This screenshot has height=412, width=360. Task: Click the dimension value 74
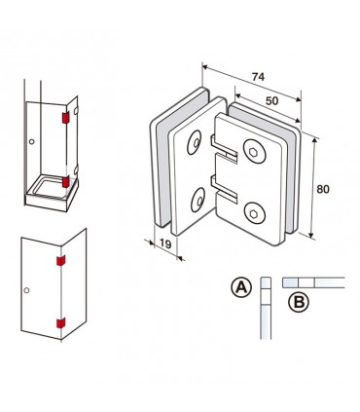[258, 77]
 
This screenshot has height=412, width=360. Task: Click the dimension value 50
[271, 101]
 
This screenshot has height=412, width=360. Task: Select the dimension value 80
[323, 189]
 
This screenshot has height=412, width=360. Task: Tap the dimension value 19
[165, 243]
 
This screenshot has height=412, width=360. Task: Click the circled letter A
[241, 287]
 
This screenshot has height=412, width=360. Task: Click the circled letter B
[299, 303]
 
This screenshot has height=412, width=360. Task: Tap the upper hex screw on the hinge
[254, 151]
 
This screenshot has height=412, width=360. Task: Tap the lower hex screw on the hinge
[255, 213]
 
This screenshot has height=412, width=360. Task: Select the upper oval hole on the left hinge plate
[194, 142]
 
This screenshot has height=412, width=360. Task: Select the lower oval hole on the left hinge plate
[198, 200]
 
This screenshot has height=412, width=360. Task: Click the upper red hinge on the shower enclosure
[66, 118]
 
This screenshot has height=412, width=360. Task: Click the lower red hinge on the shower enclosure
[66, 182]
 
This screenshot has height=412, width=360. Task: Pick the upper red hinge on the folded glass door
[61, 260]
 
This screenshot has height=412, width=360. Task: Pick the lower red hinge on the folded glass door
[61, 323]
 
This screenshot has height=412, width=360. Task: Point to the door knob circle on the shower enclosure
[31, 142]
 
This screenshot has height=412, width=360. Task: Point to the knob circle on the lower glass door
[26, 290]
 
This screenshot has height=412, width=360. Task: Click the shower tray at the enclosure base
[52, 195]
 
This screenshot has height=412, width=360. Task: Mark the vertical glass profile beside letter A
[266, 308]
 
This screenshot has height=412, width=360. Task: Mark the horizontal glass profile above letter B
[313, 282]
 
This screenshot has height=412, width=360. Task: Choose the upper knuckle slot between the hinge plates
[224, 148]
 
